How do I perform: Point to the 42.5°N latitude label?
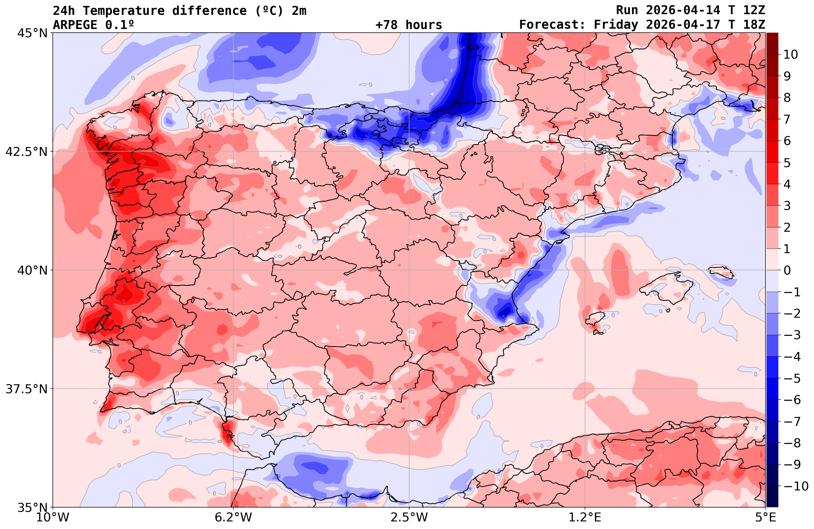pos(26,151)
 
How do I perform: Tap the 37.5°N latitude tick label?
pos(26,389)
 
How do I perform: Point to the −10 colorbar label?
pos(795,485)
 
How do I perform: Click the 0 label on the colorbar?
pos(787,270)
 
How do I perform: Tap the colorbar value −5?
pos(791,378)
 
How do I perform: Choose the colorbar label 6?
pos(787,141)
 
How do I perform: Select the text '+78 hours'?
pos(409,25)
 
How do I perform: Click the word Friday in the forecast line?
pos(616,25)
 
